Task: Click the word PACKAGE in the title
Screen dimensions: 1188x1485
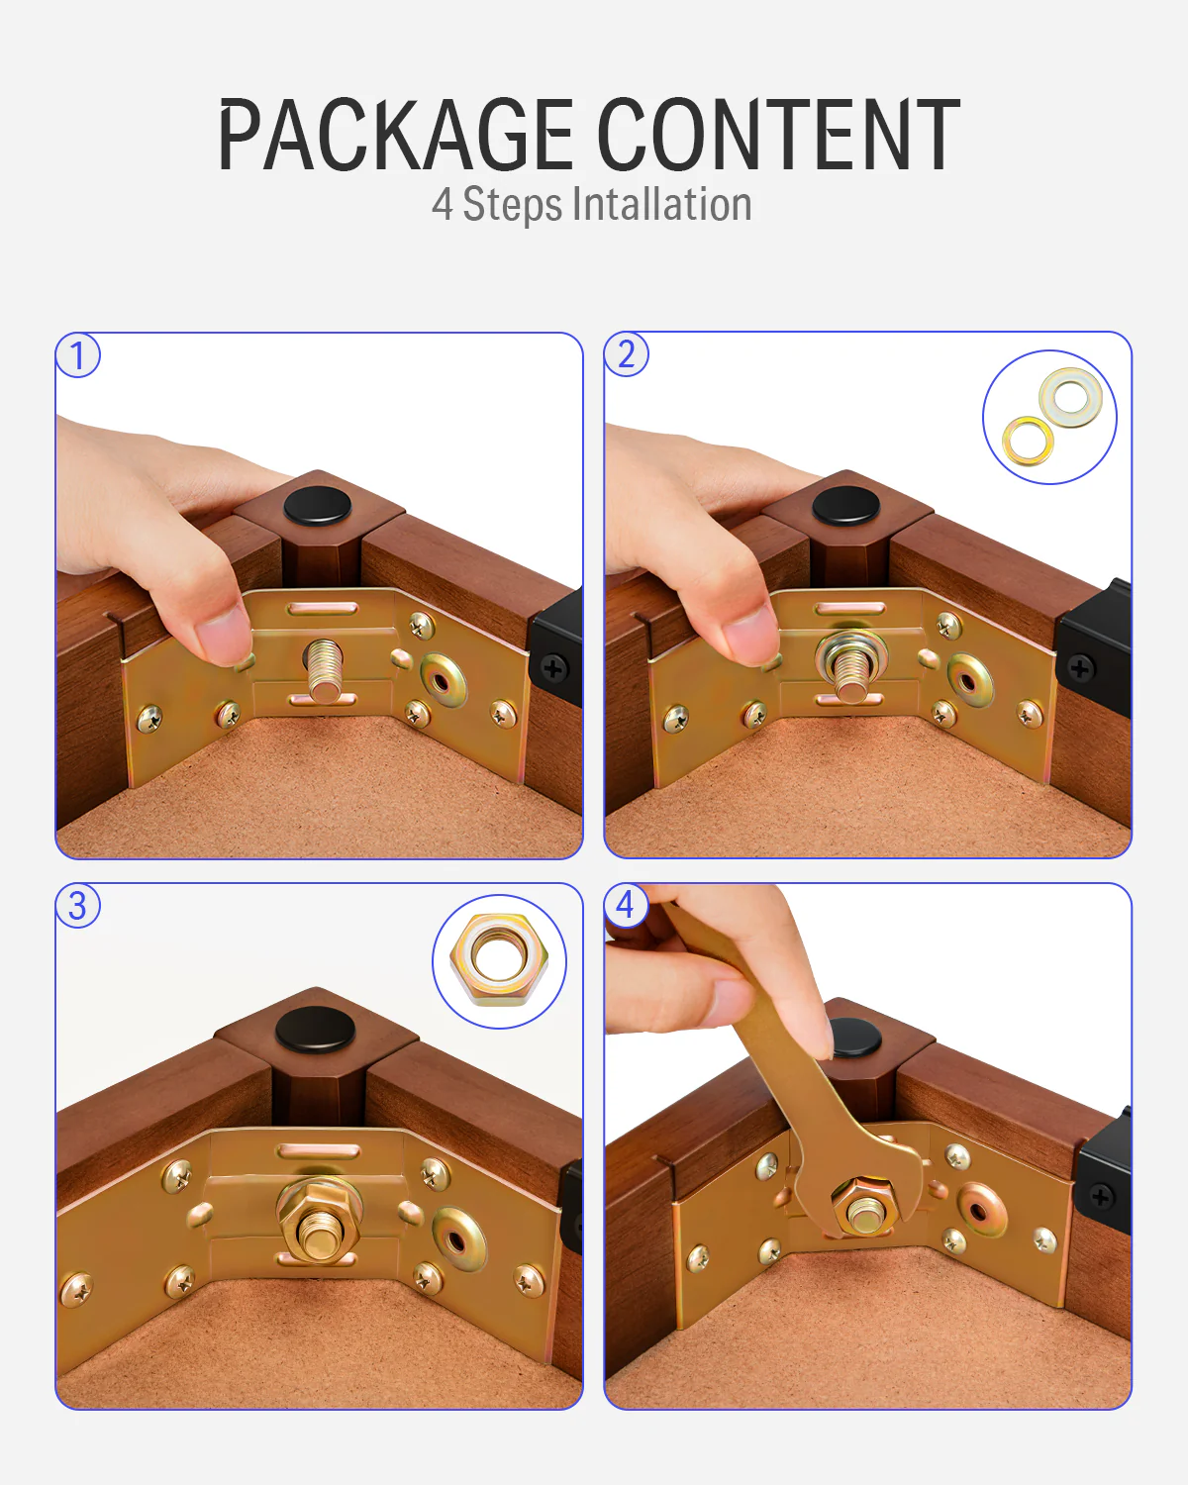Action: click(x=396, y=134)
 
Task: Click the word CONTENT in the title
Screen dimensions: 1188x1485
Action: click(x=779, y=134)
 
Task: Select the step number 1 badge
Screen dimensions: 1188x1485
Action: click(x=78, y=354)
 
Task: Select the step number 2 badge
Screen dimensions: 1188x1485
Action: click(x=626, y=354)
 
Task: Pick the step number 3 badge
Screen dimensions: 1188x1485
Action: click(x=78, y=905)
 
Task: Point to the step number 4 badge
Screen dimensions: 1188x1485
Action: click(x=626, y=905)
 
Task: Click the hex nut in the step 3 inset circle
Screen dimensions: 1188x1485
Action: click(x=498, y=960)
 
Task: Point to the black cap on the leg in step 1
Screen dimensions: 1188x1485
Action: click(x=318, y=506)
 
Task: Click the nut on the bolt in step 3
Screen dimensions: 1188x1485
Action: click(x=319, y=1223)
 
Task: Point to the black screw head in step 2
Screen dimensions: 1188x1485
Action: click(x=1080, y=668)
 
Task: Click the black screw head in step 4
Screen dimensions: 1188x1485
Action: click(x=1101, y=1197)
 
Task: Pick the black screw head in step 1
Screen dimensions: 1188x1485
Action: click(x=553, y=668)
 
